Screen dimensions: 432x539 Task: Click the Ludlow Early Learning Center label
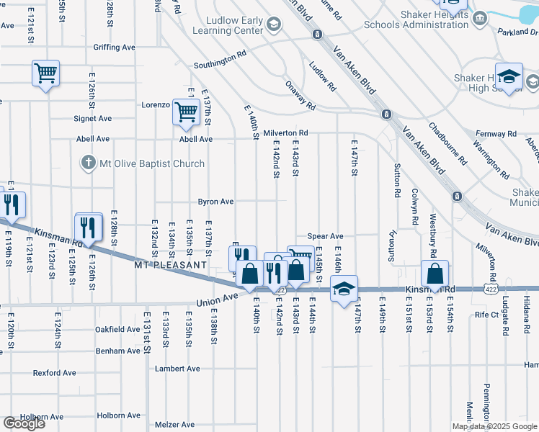(x=225, y=26)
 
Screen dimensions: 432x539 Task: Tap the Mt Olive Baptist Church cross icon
(x=88, y=163)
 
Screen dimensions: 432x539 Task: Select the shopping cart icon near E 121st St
(x=45, y=73)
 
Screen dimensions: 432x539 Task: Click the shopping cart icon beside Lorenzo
(x=186, y=112)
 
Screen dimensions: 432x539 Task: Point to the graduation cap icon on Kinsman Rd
(x=344, y=288)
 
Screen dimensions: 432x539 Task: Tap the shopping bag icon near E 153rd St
(x=435, y=274)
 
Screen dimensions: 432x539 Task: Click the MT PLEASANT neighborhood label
(x=171, y=265)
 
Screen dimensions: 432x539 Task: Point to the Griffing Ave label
(x=114, y=48)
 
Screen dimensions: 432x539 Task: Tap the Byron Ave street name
(x=216, y=202)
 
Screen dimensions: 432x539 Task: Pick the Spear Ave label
(x=325, y=236)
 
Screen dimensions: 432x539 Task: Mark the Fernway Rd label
(x=496, y=134)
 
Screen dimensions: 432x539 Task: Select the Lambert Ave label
(x=177, y=369)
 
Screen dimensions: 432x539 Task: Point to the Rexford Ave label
(x=54, y=373)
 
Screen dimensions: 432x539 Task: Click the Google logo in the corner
(x=24, y=423)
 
